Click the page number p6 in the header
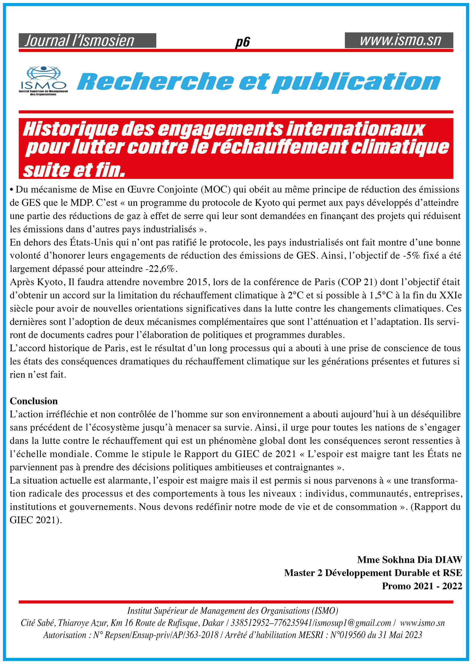[242, 42]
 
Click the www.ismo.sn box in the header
[399, 40]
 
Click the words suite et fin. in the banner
[74, 170]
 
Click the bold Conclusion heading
[34, 401]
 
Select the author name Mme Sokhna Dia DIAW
[409, 560]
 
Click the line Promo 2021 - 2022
[422, 586]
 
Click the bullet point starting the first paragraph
[12, 190]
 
